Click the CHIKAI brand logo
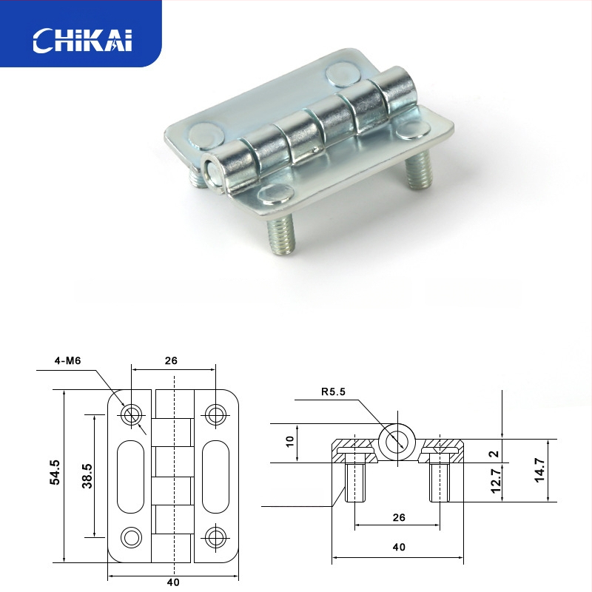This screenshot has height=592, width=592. click(x=82, y=41)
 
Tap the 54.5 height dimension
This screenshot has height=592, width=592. click(x=54, y=473)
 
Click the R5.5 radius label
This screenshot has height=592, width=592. click(x=334, y=392)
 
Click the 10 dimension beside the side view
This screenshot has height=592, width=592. click(x=290, y=443)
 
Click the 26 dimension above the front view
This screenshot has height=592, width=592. click(x=172, y=361)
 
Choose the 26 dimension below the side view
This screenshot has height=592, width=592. click(x=398, y=518)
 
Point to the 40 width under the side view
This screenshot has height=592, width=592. click(x=398, y=548)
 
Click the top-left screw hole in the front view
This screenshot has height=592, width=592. click(x=132, y=414)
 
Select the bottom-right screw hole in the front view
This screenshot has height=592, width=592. click(x=215, y=536)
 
